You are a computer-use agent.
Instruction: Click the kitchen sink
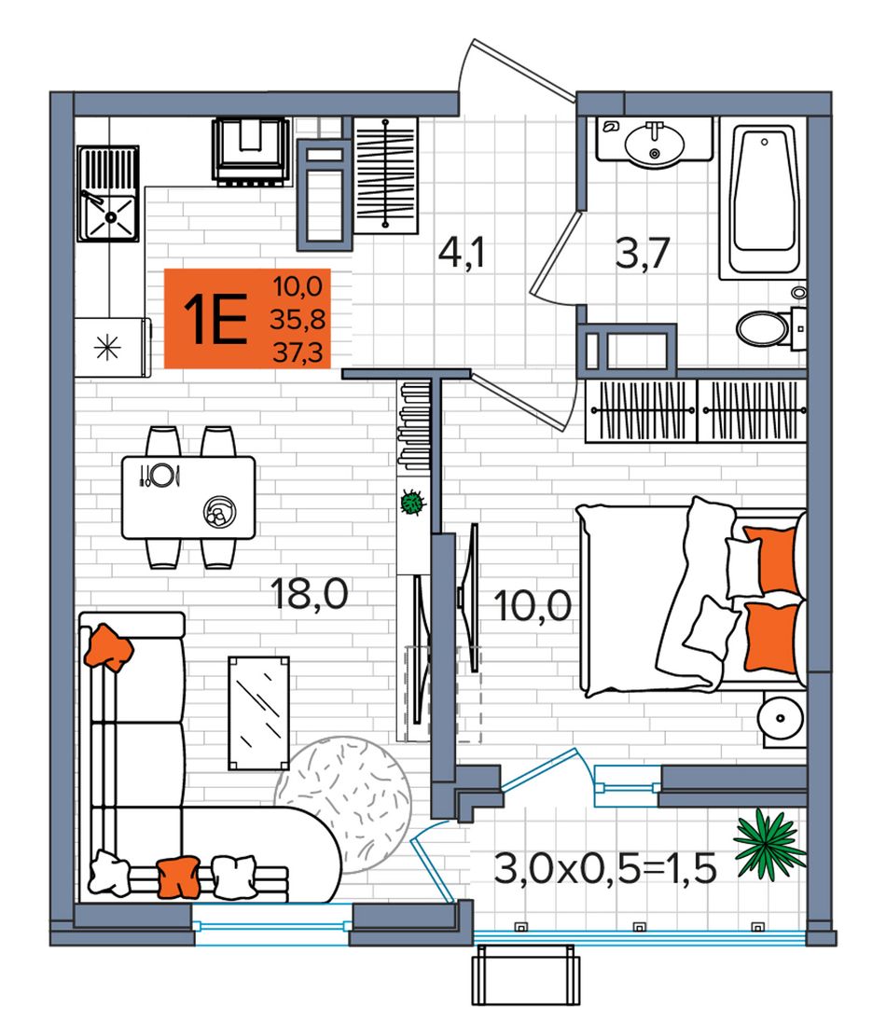click(107, 193)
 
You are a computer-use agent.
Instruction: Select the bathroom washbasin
click(654, 141)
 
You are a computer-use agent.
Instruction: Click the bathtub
click(763, 199)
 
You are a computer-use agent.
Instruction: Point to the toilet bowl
click(767, 328)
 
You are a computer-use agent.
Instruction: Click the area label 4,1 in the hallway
click(462, 253)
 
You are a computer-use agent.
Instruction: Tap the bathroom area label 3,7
click(643, 253)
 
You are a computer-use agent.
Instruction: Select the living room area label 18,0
click(310, 593)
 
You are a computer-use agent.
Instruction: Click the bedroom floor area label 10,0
click(533, 605)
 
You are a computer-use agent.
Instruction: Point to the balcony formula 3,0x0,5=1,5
click(605, 868)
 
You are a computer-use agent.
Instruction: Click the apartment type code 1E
click(215, 319)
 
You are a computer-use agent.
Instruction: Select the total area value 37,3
click(298, 352)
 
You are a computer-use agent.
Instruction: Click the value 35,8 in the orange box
click(298, 319)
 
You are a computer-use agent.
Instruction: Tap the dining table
click(188, 498)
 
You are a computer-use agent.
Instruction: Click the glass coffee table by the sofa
click(258, 713)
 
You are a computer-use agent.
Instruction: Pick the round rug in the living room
click(343, 805)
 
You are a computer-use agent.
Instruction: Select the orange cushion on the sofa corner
click(109, 647)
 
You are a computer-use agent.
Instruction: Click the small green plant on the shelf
click(412, 503)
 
